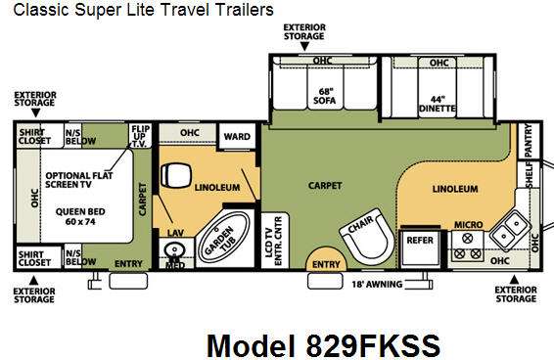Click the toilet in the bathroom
[x=175, y=175]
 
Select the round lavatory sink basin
[x=174, y=249]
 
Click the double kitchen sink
[x=510, y=230]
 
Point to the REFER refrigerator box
[x=419, y=248]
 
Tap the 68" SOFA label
[x=324, y=96]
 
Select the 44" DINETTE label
[x=438, y=104]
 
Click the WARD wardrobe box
[x=237, y=136]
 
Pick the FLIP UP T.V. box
[x=141, y=135]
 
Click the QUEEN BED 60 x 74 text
[x=80, y=216]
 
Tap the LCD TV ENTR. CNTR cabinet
[x=275, y=241]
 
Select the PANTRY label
[x=528, y=140]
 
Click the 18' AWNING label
[x=377, y=284]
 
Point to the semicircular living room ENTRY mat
[x=326, y=259]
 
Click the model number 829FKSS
[x=374, y=344]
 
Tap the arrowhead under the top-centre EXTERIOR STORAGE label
[x=304, y=46]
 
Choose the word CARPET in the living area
[x=325, y=186]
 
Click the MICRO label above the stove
[x=468, y=225]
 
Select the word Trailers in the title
[x=245, y=10]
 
